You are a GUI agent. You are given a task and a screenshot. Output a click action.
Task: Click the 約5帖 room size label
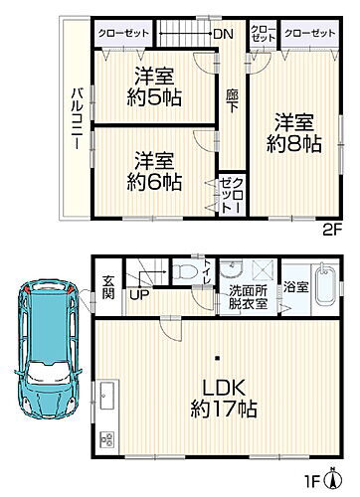(154, 96)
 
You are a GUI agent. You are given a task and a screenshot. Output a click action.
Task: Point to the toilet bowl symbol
(185, 270)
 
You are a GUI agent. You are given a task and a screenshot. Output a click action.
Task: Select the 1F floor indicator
(337, 483)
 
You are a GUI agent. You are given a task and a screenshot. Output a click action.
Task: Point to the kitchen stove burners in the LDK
(106, 438)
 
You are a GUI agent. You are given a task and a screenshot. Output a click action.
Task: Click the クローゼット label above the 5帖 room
(124, 33)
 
